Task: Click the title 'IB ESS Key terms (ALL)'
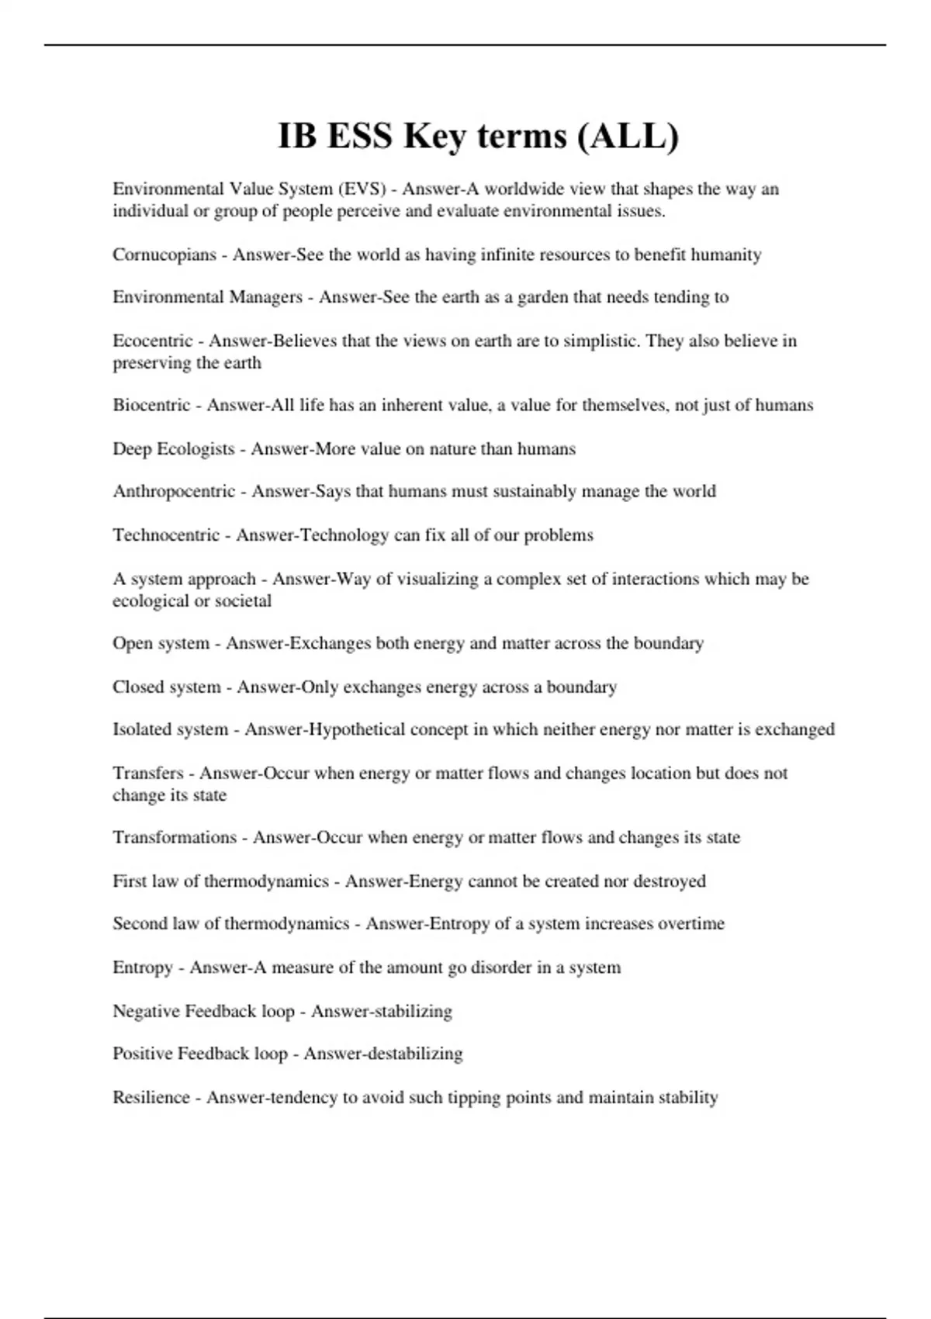[x=478, y=137]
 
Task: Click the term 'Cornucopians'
[x=164, y=254]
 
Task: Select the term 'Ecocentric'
[x=152, y=341]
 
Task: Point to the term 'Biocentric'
[x=151, y=405]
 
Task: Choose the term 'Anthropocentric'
[x=173, y=491]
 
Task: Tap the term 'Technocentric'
[x=166, y=535]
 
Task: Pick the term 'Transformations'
[x=174, y=838]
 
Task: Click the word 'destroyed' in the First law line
[x=670, y=881]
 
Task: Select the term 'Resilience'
[x=151, y=1097]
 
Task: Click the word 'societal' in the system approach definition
[x=243, y=601]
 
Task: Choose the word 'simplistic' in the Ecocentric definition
[x=600, y=341]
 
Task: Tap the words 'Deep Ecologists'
[x=173, y=448]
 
